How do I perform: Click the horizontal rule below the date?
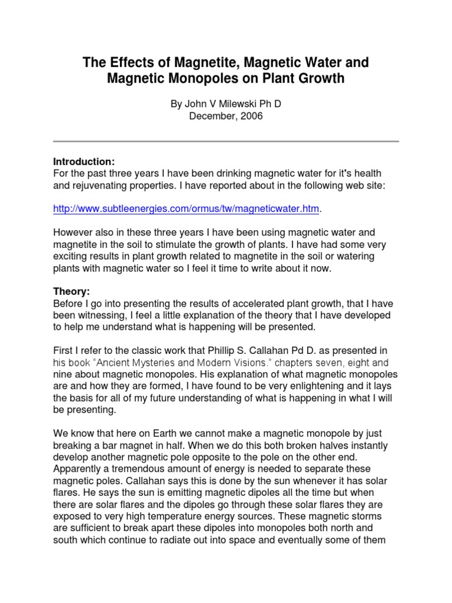click(226, 141)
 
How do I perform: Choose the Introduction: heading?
click(84, 162)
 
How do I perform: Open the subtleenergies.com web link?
click(187, 208)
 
